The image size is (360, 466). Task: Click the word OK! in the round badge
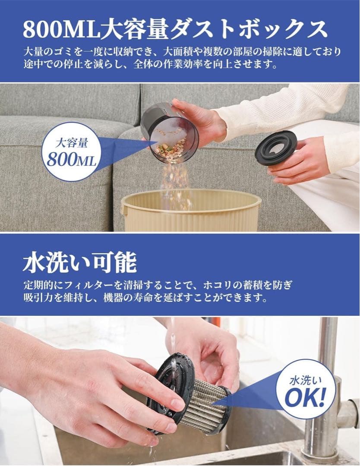(x=305, y=398)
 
